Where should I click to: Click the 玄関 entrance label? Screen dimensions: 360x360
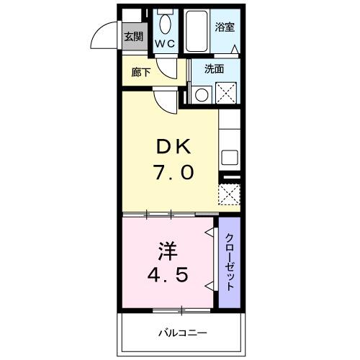(132, 37)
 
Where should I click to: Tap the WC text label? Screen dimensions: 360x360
(166, 44)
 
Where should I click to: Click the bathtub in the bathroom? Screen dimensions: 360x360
(196, 30)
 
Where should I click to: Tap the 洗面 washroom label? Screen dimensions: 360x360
(213, 70)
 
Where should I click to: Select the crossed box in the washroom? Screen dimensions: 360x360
(227, 93)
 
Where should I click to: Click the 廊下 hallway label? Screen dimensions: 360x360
(141, 72)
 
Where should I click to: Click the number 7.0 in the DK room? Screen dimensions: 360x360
(173, 173)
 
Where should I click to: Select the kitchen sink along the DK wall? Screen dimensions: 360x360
(229, 156)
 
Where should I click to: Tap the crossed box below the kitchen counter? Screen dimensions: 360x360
(229, 194)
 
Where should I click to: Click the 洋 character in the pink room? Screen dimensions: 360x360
(166, 251)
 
